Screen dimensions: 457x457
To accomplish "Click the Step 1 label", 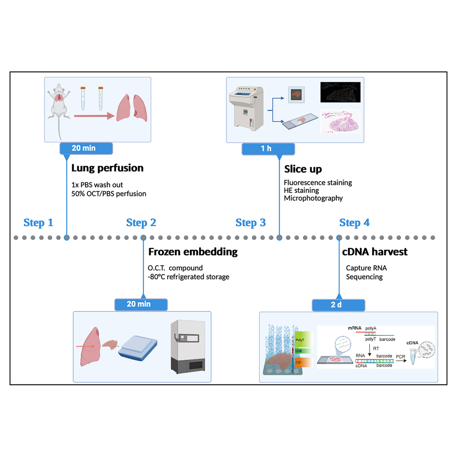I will (39, 223).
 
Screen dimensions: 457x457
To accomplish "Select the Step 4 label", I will (354, 223).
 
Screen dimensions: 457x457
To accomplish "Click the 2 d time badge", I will (339, 305).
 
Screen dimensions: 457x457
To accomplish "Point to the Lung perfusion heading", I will (107, 168).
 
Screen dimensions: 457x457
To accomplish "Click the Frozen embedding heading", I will (193, 252).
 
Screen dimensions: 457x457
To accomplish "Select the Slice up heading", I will (303, 170).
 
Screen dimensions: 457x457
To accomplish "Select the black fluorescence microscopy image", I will (340, 92).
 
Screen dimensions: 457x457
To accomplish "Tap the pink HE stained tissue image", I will (340, 121).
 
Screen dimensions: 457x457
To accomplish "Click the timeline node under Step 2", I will (143, 238).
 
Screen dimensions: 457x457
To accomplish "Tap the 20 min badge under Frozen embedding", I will (141, 304).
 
